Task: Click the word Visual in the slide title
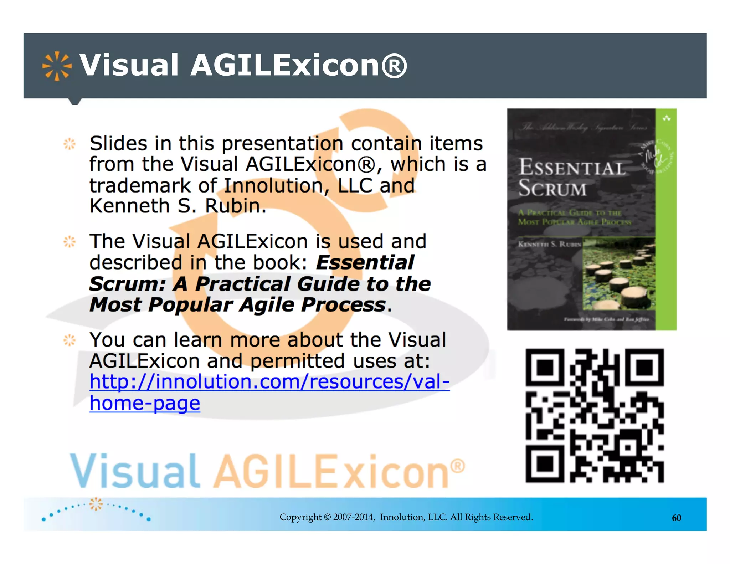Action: pyautogui.click(x=129, y=65)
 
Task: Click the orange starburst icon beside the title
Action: pyautogui.click(x=57, y=66)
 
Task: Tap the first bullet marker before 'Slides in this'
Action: pyautogui.click(x=70, y=144)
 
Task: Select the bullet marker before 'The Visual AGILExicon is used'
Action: pyautogui.click(x=70, y=242)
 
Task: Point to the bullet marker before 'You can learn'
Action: pyautogui.click(x=70, y=340)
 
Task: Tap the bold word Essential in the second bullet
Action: pyautogui.click(x=365, y=263)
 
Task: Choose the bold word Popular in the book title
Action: pyautogui.click(x=190, y=305)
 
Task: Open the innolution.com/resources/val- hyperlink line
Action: pyautogui.click(x=269, y=382)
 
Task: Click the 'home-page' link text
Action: pyautogui.click(x=145, y=403)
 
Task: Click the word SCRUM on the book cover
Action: pyautogui.click(x=552, y=188)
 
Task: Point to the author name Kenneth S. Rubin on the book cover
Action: pyautogui.click(x=549, y=244)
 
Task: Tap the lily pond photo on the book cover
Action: pyautogui.click(x=619, y=274)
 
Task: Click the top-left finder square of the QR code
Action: pyautogui.click(x=545, y=368)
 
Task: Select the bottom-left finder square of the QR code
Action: pyautogui.click(x=545, y=463)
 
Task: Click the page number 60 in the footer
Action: pyautogui.click(x=676, y=518)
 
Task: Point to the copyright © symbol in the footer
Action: pyautogui.click(x=327, y=517)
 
